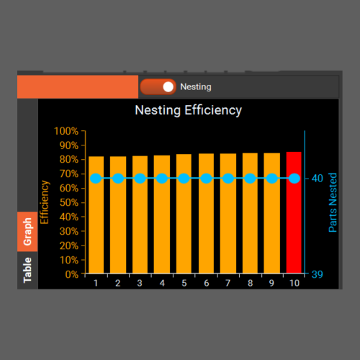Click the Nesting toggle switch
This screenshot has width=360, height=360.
point(158,86)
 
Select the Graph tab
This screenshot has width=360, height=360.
point(27,232)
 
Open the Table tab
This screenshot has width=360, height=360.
point(27,270)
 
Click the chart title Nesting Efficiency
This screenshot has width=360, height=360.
point(189,111)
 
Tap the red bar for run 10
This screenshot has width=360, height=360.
point(294,212)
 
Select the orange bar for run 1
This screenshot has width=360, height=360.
point(96,215)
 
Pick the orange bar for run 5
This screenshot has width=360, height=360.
point(184,214)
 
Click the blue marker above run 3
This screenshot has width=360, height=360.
point(140,179)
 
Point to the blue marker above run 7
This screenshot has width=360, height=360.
point(228,179)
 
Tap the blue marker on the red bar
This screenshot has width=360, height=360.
point(294,179)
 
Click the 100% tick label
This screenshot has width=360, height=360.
point(66,131)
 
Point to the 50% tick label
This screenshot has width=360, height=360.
point(69,203)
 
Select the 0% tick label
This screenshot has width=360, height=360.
point(72,274)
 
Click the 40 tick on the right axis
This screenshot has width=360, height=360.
point(318,179)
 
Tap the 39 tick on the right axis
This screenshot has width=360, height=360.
point(318,274)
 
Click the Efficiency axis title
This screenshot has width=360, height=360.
point(45,202)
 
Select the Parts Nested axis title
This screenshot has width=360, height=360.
point(333,202)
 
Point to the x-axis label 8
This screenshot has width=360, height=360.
point(251,283)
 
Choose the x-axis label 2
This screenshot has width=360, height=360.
point(117,283)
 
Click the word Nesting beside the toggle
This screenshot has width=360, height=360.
point(196,87)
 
